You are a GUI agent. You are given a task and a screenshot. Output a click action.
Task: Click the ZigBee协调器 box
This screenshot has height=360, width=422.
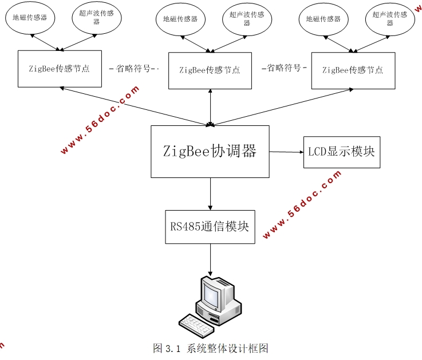(x=210, y=152)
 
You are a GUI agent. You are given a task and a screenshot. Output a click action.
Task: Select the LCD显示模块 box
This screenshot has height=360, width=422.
(x=341, y=152)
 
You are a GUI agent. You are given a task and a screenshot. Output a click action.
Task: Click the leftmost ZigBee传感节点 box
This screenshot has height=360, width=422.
(x=60, y=69)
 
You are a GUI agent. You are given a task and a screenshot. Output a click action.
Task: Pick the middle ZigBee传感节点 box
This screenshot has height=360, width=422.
(x=210, y=70)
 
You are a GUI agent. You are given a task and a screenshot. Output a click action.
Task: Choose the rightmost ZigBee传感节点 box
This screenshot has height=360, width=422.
(x=353, y=70)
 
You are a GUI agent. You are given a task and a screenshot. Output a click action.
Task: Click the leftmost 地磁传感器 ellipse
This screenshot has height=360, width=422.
(x=30, y=18)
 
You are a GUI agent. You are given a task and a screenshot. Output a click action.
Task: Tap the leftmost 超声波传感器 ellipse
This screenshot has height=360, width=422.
(x=96, y=18)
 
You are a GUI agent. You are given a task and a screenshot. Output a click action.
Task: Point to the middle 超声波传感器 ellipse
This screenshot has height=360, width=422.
(x=247, y=18)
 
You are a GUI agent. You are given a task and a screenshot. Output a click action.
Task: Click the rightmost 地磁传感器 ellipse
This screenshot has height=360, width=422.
(x=323, y=18)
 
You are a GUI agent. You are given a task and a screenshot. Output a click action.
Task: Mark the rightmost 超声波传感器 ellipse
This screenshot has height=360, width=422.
(x=389, y=18)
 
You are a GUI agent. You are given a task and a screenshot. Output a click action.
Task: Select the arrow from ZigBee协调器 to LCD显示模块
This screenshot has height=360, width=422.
(x=286, y=152)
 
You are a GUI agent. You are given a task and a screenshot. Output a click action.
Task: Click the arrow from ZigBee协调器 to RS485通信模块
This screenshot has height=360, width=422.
(x=210, y=194)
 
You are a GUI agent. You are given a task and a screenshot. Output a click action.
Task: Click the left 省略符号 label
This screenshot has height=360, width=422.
(x=133, y=69)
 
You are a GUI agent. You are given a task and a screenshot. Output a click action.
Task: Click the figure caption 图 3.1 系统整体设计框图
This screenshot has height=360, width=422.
(x=211, y=348)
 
